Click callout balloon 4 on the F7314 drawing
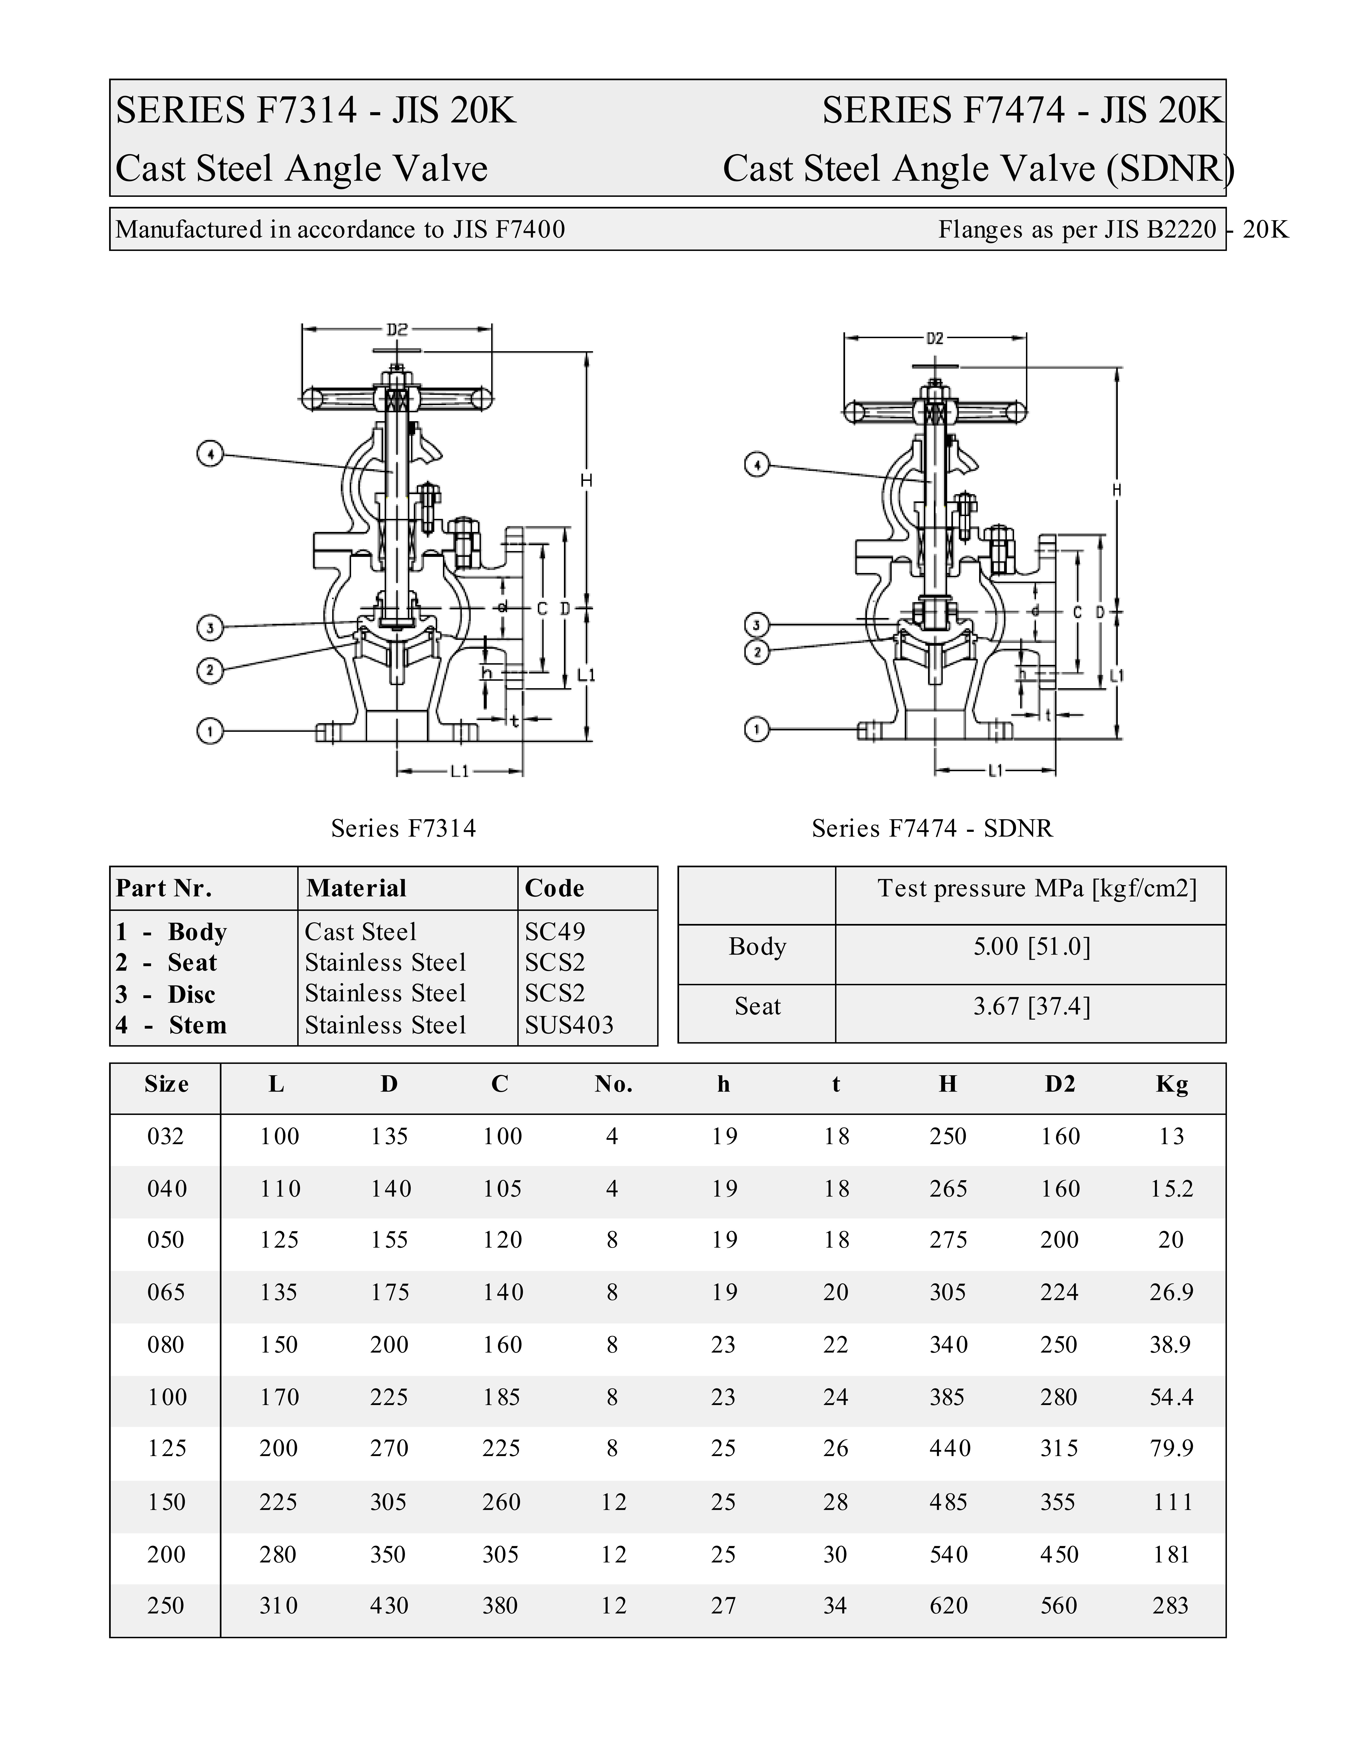[210, 455]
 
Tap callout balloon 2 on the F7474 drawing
[757, 652]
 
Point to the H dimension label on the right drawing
[1117, 490]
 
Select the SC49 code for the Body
[555, 931]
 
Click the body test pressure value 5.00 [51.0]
[1031, 947]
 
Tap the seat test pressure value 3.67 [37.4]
[1031, 1006]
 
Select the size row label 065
[166, 1292]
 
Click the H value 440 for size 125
[949, 1448]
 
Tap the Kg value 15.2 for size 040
[1171, 1188]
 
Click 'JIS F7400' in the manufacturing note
[509, 230]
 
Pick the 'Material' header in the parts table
[356, 888]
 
